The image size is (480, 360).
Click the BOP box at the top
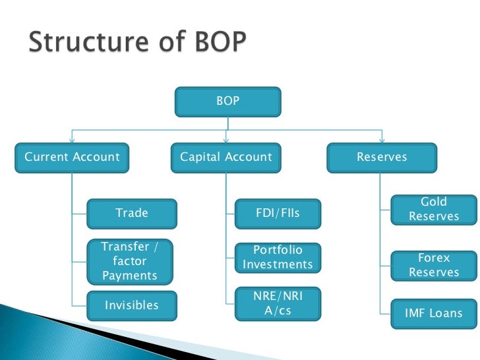[227, 102]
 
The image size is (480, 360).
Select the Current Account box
[73, 158]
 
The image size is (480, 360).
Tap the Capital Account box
[225, 158]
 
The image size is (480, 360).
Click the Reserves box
[382, 158]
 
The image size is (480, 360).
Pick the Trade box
[132, 213]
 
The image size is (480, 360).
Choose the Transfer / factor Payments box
[131, 262]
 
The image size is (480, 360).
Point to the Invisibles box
[132, 306]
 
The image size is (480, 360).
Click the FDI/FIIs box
[278, 213]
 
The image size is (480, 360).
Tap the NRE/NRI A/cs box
[278, 303]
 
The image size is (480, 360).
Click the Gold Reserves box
[433, 209]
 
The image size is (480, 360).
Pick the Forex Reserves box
[433, 265]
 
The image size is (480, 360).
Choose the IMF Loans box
[433, 314]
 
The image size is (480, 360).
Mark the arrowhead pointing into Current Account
[73, 140]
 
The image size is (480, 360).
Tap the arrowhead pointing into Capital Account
[225, 140]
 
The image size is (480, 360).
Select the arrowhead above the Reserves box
[381, 140]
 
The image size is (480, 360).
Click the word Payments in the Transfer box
[131, 276]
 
